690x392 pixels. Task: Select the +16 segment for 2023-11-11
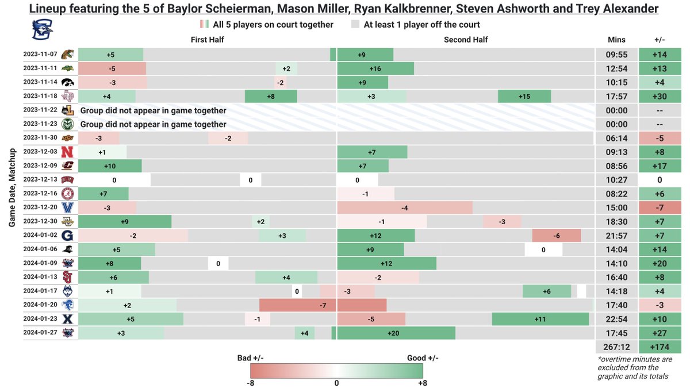[375, 68]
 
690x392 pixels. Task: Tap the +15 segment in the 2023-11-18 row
[524, 96]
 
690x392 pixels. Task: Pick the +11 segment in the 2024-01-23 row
[540, 320]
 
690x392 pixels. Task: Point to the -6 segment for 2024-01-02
[556, 236]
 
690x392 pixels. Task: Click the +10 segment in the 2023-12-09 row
[110, 166]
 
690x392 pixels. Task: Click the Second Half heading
[466, 40]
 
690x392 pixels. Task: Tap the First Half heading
[208, 40]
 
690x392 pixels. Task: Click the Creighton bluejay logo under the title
[40, 29]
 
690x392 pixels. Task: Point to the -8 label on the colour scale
[251, 383]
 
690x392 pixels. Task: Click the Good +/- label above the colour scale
[423, 358]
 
